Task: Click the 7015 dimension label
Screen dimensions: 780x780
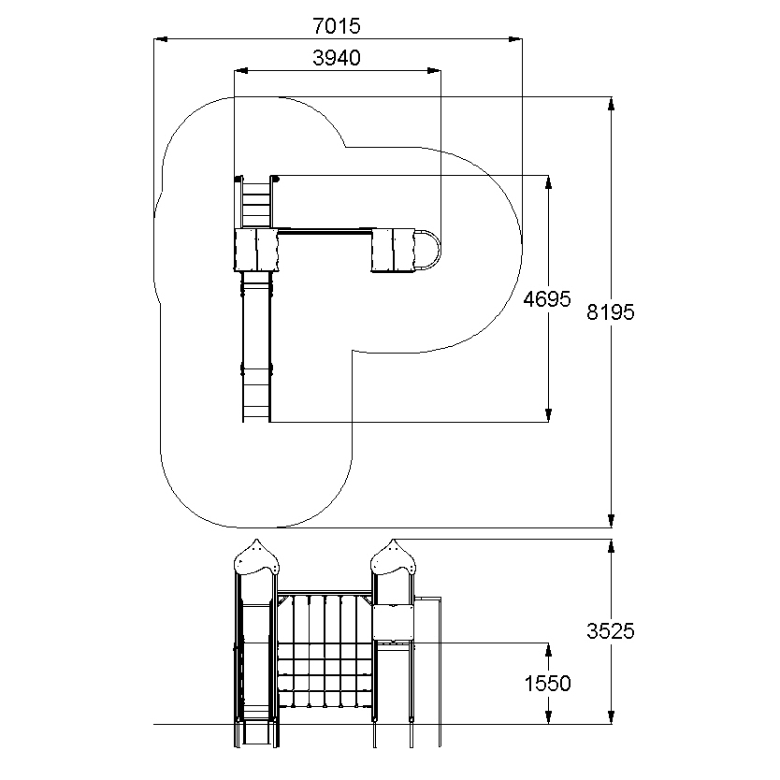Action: click(x=337, y=26)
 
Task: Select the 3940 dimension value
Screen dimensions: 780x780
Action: click(x=337, y=58)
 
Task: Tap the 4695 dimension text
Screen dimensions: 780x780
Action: click(x=547, y=299)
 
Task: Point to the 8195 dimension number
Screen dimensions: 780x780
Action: click(x=611, y=312)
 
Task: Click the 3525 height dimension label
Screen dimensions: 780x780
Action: click(x=611, y=631)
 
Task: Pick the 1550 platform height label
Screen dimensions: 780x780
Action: click(x=547, y=684)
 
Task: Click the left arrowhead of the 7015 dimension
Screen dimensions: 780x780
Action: click(x=160, y=38)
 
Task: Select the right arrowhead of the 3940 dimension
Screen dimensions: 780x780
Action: click(x=434, y=71)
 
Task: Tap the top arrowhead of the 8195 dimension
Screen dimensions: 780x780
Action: click(x=612, y=104)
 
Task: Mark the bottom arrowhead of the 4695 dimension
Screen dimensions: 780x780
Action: click(x=548, y=415)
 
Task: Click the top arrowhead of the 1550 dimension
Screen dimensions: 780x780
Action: click(x=548, y=650)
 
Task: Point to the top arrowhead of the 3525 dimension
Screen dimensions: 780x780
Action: click(x=612, y=546)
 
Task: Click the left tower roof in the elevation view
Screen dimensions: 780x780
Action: click(x=256, y=557)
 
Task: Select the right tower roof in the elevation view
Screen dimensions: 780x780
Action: click(x=393, y=557)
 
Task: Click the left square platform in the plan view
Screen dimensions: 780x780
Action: click(x=256, y=250)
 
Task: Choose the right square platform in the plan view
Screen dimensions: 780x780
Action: click(x=393, y=251)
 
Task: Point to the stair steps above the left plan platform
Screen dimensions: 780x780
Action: click(x=256, y=205)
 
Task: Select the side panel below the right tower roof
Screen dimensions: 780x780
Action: click(x=394, y=622)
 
